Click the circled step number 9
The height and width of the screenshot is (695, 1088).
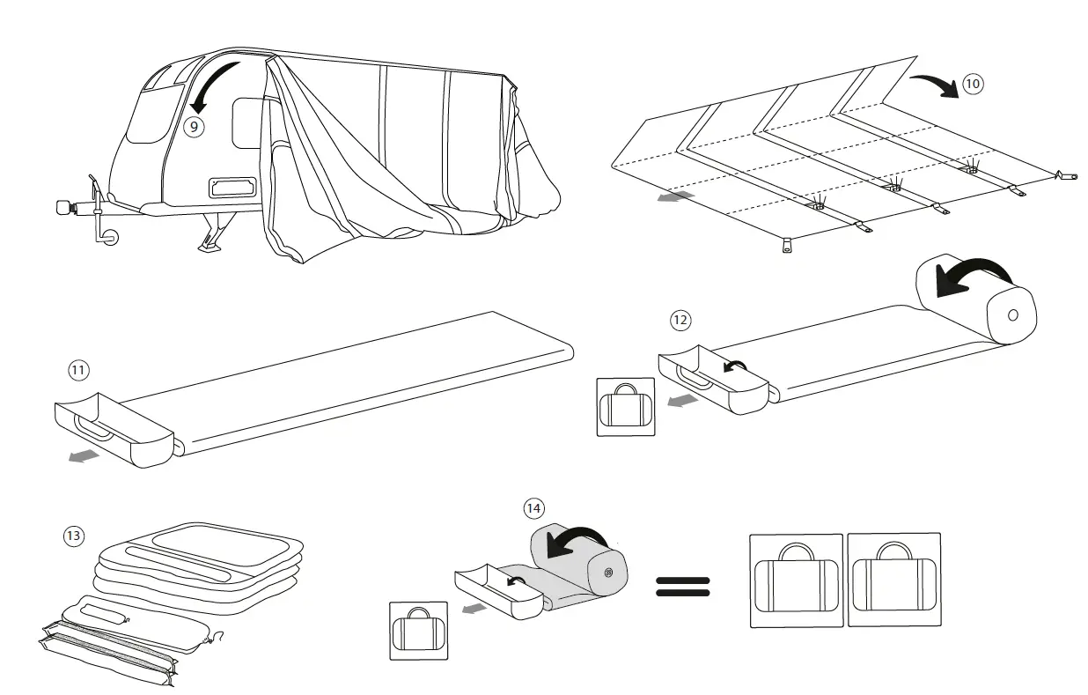point(195,126)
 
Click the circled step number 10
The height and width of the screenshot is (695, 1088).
point(972,85)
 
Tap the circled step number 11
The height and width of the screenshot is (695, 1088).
point(79,370)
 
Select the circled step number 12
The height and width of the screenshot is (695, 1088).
point(680,320)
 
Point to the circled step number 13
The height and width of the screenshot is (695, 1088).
point(74,535)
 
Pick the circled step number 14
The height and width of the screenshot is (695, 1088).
point(533,508)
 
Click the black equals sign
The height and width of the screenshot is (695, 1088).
point(682,588)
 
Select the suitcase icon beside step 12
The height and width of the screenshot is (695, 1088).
point(626,408)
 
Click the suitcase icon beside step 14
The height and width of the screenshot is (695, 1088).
point(418,631)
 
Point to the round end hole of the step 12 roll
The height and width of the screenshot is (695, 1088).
point(1011,314)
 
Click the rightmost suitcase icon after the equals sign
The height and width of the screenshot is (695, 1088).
point(893,580)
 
